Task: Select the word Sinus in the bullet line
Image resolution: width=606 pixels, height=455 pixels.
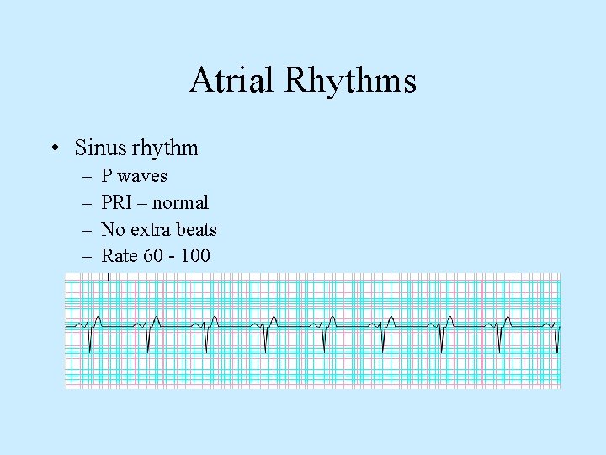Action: [x=98, y=148]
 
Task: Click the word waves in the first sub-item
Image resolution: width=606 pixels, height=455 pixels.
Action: [x=142, y=176]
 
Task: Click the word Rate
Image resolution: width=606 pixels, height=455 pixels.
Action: [x=120, y=255]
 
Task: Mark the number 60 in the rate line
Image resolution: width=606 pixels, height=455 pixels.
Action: [x=154, y=255]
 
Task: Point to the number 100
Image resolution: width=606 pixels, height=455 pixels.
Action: [x=195, y=255]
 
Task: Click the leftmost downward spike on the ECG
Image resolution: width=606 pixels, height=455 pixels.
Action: [x=90, y=341]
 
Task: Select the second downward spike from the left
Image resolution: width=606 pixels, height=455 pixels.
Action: [x=148, y=341]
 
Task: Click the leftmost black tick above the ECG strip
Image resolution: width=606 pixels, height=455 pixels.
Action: [x=104, y=276]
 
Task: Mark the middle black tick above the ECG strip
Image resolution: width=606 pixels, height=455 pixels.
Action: [x=315, y=276]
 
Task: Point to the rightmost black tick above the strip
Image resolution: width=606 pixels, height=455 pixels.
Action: [x=524, y=276]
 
